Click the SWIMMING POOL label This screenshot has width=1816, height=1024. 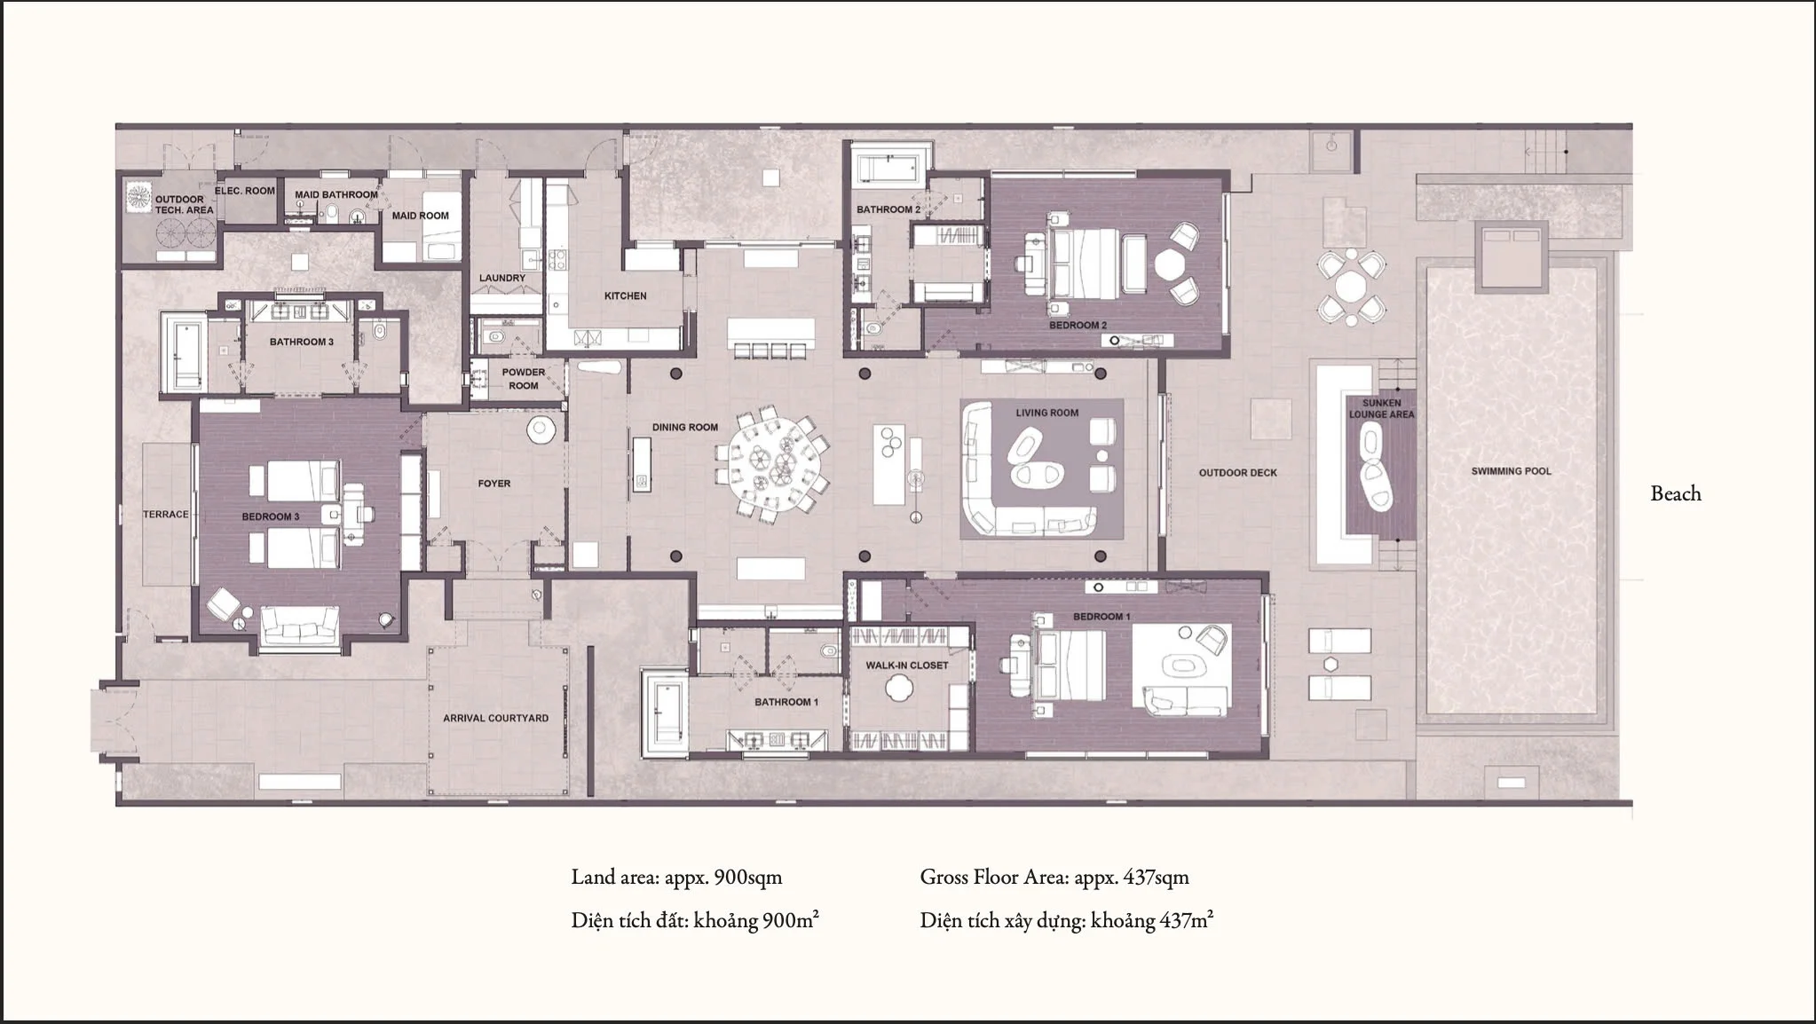pos(1511,471)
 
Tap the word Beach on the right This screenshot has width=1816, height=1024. pos(1675,494)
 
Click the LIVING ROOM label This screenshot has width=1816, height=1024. pos(1046,413)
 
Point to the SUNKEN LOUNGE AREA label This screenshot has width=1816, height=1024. pos(1381,409)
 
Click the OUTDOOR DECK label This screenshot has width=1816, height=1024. pos(1237,473)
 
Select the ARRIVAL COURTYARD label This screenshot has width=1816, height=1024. pos(495,718)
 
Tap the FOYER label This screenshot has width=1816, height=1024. pos(493,484)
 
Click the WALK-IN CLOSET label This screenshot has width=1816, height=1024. pos(906,665)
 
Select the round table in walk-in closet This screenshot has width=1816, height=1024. pos(900,687)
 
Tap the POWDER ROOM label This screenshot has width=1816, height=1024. pos(524,379)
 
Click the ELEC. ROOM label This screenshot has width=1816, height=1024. pos(245,191)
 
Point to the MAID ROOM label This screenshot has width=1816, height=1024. pos(420,216)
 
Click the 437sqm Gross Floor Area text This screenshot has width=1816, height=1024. pos(1054,878)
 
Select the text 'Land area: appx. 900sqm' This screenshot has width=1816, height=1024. pos(676,878)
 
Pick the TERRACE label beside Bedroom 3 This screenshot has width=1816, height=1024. pos(166,515)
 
